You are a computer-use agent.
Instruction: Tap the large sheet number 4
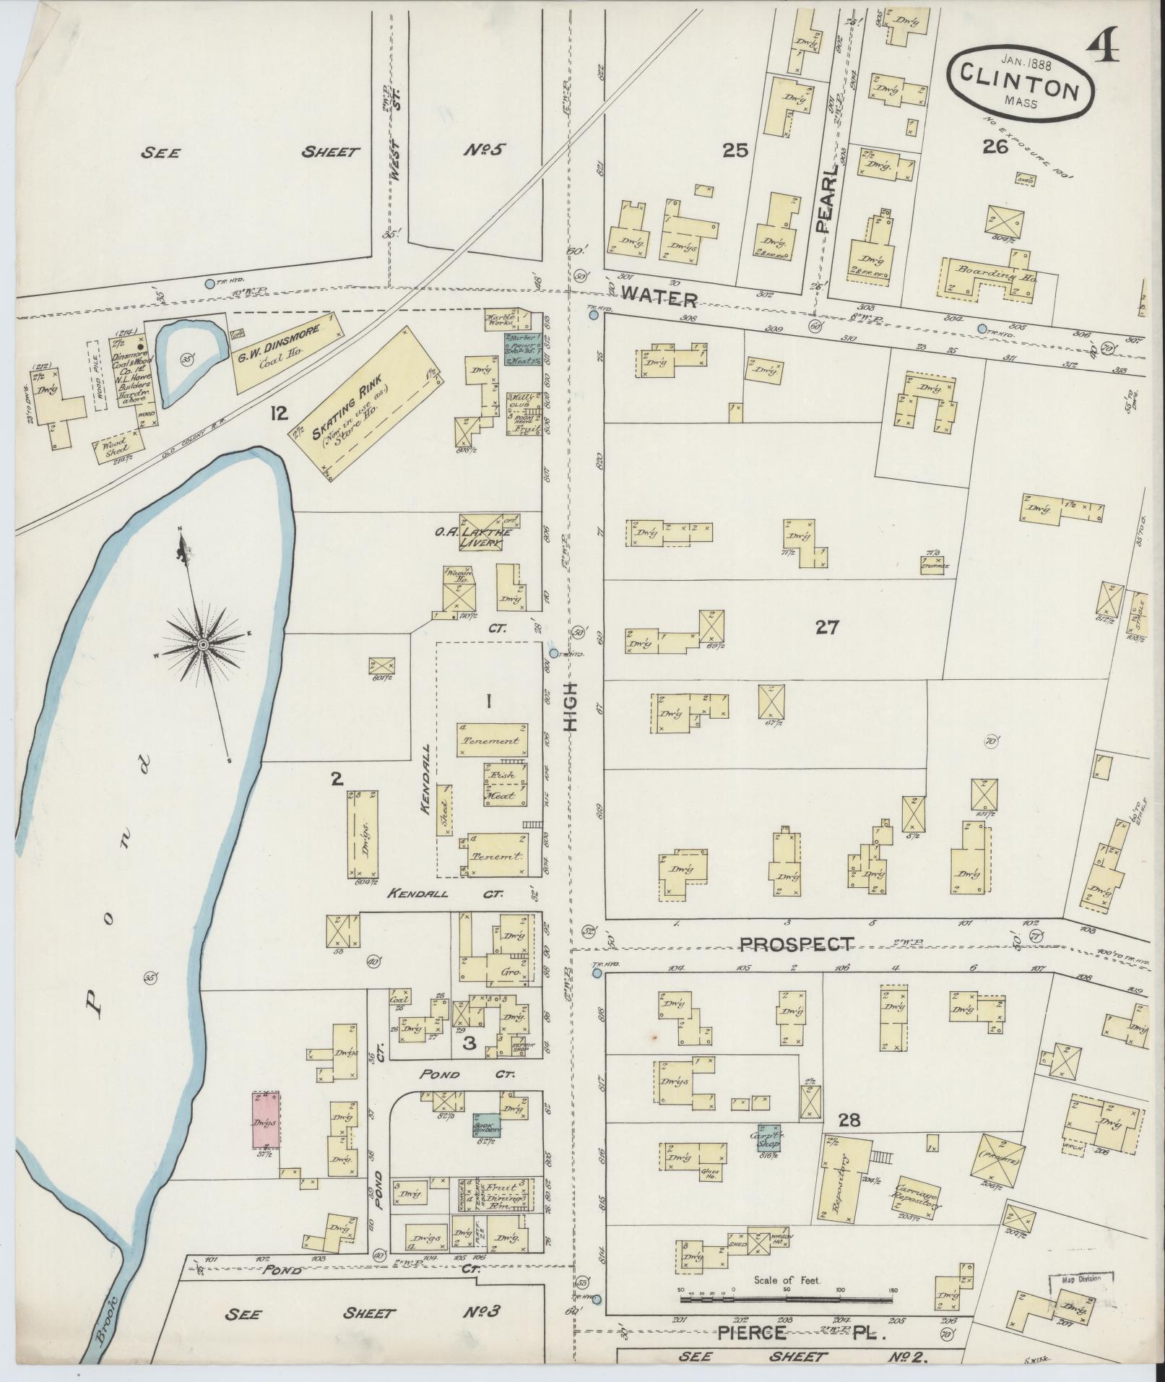pos(1104,50)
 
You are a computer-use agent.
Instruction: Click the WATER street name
pos(659,298)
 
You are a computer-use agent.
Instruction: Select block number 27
pos(826,627)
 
